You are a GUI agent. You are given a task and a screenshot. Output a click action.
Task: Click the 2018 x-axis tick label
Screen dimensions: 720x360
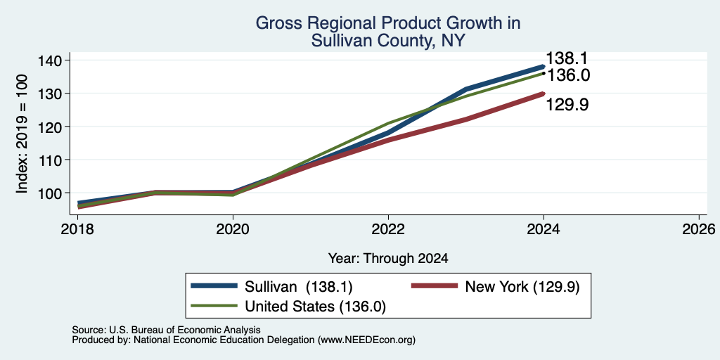(77, 229)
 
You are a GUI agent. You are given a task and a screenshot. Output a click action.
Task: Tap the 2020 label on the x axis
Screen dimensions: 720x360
(233, 229)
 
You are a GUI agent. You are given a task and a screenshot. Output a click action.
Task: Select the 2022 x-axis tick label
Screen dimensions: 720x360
(388, 229)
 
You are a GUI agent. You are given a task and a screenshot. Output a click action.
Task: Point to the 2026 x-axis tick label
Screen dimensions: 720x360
(699, 229)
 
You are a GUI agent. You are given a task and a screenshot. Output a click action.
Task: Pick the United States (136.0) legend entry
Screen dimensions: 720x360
(288, 307)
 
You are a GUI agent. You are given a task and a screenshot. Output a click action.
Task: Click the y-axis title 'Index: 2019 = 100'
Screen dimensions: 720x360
(22, 134)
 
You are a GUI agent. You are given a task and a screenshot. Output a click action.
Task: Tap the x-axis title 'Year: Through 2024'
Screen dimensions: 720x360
(388, 259)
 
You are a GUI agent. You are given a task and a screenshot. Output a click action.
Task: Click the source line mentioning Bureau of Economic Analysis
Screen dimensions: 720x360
(167, 330)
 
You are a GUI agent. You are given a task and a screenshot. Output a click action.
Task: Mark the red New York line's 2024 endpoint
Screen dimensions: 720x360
(544, 94)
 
